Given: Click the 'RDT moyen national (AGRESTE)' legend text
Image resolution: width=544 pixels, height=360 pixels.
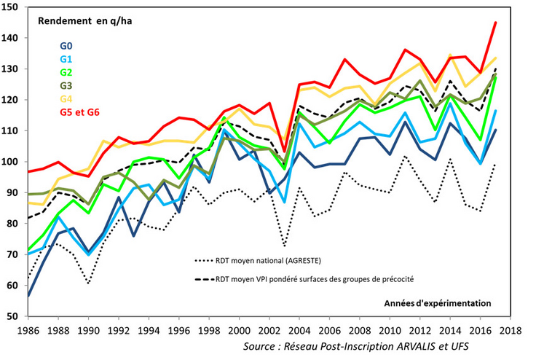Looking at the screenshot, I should (268, 259).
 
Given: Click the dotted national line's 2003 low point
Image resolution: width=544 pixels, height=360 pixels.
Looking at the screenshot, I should (284, 246).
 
